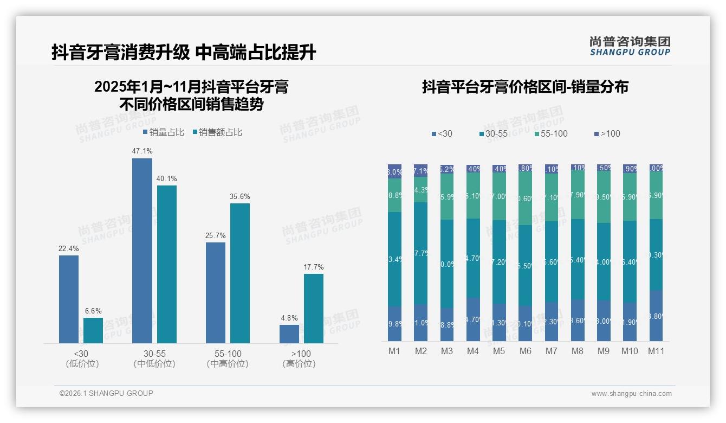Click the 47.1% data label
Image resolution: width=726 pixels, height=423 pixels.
tap(142, 151)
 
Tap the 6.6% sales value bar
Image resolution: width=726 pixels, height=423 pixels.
tap(93, 330)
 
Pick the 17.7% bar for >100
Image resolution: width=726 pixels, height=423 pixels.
tap(313, 308)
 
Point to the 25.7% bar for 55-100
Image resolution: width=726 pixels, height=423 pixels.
tap(216, 292)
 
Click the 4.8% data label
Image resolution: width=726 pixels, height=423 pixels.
tap(289, 318)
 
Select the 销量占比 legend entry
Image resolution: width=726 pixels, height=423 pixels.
tap(164, 132)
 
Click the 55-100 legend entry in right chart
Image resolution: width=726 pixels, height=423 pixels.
tap(551, 133)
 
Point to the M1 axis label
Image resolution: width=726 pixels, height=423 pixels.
tap(394, 351)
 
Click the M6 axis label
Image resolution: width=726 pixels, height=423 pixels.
tap(525, 351)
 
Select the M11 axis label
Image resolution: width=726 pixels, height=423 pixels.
tap(656, 351)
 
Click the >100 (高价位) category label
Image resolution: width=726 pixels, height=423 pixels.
tap(299, 358)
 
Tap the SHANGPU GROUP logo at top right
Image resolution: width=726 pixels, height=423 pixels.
tap(630, 46)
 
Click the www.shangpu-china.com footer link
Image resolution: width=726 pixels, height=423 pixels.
tap(631, 394)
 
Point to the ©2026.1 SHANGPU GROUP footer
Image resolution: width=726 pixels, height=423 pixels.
tap(106, 393)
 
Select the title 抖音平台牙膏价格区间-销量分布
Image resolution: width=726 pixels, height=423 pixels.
tap(525, 87)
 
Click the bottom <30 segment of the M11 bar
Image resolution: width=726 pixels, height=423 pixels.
tap(656, 316)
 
